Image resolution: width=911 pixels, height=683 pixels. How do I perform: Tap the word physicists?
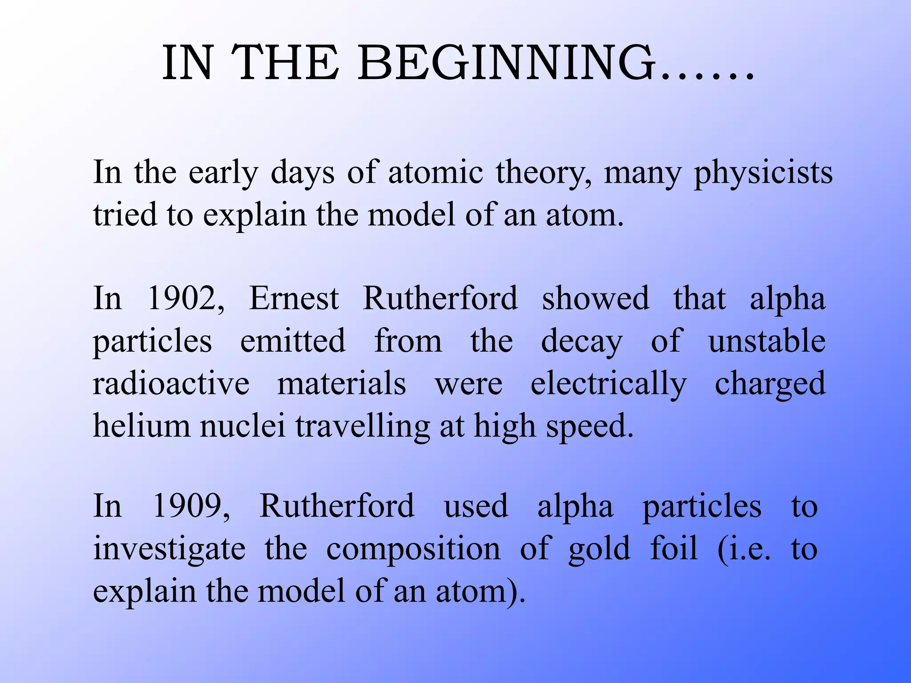point(762,173)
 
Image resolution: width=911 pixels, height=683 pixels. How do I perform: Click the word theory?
point(544,173)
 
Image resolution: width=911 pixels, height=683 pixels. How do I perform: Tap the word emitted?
point(293,341)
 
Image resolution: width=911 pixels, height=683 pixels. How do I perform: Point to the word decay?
point(581,341)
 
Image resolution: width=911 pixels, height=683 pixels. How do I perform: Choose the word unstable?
point(767,341)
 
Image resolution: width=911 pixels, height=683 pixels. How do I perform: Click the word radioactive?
point(171,383)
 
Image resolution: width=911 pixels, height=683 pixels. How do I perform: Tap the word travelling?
point(362,426)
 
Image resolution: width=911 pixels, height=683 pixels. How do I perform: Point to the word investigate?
point(169,549)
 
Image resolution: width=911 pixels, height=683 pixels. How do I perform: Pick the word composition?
point(413,549)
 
